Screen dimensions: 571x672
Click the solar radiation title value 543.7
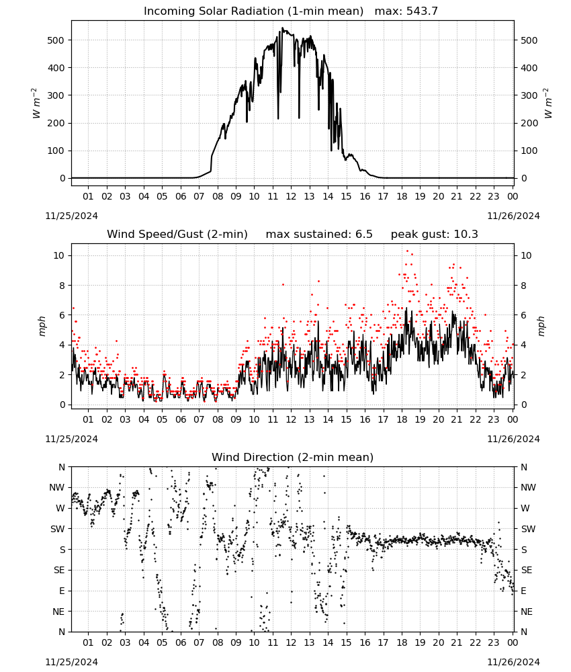coord(422,11)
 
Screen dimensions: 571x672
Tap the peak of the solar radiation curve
coord(282,28)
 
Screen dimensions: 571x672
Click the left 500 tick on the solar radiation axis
coord(55,40)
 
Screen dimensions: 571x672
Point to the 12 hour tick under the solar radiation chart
coord(291,196)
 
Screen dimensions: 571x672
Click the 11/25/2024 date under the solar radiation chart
coord(71,216)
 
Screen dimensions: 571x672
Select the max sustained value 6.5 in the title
coord(363,234)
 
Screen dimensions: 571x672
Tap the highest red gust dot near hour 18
coord(407,251)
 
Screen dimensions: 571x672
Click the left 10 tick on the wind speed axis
coord(59,255)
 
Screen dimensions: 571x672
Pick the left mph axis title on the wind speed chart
coord(42,326)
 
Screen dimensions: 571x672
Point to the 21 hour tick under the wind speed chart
coord(457,419)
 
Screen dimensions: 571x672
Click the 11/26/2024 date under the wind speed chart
coord(513,439)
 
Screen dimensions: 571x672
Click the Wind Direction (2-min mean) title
coord(293,457)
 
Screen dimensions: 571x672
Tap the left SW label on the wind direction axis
coord(57,529)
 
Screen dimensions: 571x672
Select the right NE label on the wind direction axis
coord(527,612)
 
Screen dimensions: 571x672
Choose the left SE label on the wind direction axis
coord(59,571)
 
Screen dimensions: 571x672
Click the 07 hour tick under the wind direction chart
coord(199,643)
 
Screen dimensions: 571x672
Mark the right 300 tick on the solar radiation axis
coord(529,95)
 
